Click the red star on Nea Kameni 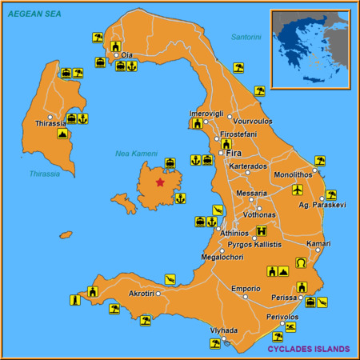click(160, 182)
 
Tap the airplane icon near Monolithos click(298, 190)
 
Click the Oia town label click(126, 55)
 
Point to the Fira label click(234, 153)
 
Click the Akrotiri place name click(141, 294)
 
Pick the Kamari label click(318, 243)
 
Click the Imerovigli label click(205, 114)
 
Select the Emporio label click(246, 288)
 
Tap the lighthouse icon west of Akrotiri click(74, 300)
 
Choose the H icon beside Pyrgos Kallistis click(260, 231)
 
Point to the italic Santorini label click(246, 38)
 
